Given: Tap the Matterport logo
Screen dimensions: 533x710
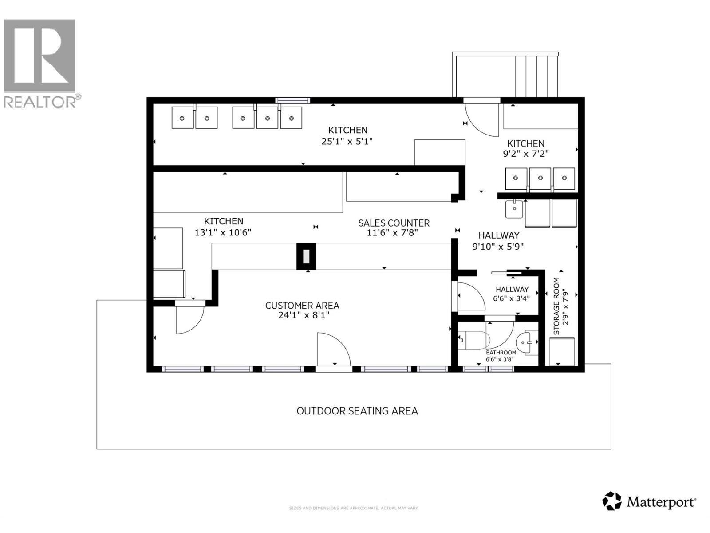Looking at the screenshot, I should (x=649, y=501).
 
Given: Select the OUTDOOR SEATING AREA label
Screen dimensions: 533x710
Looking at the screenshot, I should (x=357, y=411).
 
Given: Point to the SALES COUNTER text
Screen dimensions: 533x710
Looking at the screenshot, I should (x=394, y=223).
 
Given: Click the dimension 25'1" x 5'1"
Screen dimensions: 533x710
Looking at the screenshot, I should (x=347, y=141).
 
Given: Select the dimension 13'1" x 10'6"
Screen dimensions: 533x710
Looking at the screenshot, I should (x=223, y=232).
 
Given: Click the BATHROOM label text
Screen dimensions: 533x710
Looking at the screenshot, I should (x=501, y=353).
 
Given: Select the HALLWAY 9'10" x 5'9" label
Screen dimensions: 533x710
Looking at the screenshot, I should (x=498, y=241).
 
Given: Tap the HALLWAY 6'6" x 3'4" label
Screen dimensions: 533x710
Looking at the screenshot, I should (x=512, y=294).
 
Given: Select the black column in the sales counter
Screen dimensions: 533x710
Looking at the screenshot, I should (x=306, y=256).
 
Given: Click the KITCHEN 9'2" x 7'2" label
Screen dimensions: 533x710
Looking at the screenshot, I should (x=526, y=148).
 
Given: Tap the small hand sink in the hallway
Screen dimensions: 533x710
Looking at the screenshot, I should (x=514, y=209).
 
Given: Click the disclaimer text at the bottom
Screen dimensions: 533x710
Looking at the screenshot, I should (x=354, y=508).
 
